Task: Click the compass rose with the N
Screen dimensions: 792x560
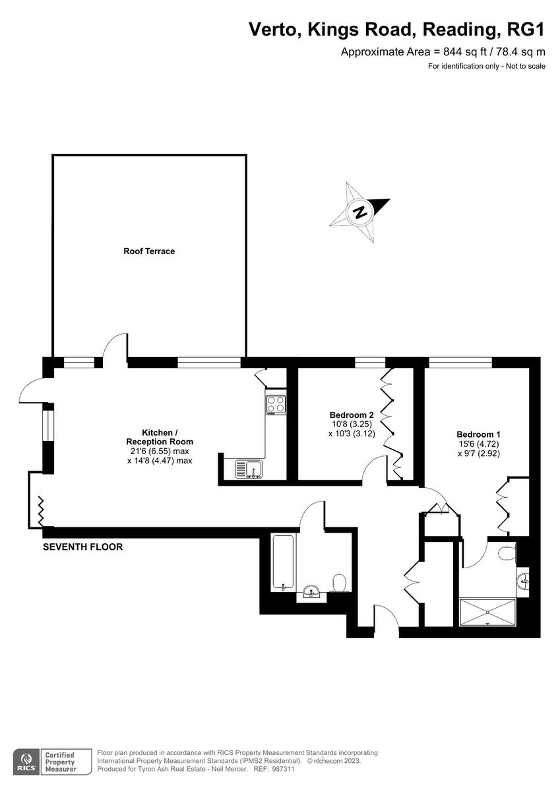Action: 360,213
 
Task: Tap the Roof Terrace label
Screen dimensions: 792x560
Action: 149,251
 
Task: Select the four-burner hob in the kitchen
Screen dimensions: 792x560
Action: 276,404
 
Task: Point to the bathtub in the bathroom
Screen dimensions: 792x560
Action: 284,563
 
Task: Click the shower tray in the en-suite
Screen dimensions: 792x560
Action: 487,611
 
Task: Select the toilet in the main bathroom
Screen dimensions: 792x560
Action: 340,583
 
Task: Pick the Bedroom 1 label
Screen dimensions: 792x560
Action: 478,434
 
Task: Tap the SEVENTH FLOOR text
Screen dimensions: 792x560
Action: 82,547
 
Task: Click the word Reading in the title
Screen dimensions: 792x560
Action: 463,29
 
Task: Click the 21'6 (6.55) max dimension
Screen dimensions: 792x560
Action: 159,451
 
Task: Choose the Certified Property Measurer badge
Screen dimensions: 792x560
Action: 59,761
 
